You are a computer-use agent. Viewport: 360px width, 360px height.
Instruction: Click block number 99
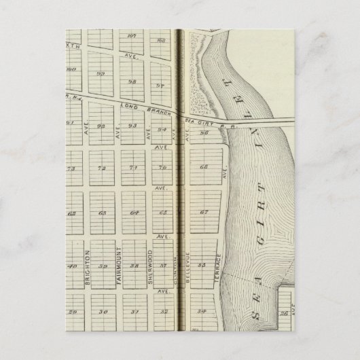click(101, 74)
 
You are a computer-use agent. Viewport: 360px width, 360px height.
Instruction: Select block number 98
click(132, 80)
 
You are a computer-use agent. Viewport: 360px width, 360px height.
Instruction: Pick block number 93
click(132, 126)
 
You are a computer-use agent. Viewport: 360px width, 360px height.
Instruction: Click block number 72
click(102, 168)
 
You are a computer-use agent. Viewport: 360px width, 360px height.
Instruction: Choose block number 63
click(102, 213)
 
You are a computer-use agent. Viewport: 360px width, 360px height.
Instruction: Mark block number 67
click(202, 213)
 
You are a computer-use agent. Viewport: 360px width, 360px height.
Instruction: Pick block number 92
click(102, 126)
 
